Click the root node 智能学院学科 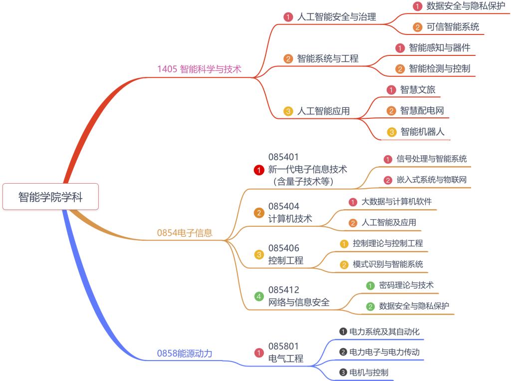click(x=50, y=197)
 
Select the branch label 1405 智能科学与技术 click(x=199, y=69)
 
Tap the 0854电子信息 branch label click(x=185, y=232)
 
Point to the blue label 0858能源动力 click(x=185, y=354)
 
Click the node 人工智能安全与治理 click(x=336, y=16)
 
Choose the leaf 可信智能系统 click(x=453, y=27)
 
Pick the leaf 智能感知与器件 click(x=439, y=48)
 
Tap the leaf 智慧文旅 click(x=418, y=90)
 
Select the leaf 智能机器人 click(x=422, y=132)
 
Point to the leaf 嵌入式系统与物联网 click(x=432, y=180)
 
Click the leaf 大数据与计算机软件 click(x=396, y=201)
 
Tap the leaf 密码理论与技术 click(x=406, y=285)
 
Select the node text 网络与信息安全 click(x=299, y=302)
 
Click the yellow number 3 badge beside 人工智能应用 click(x=288, y=111)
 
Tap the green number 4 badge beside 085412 click(x=258, y=297)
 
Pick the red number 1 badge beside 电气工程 click(x=258, y=353)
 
